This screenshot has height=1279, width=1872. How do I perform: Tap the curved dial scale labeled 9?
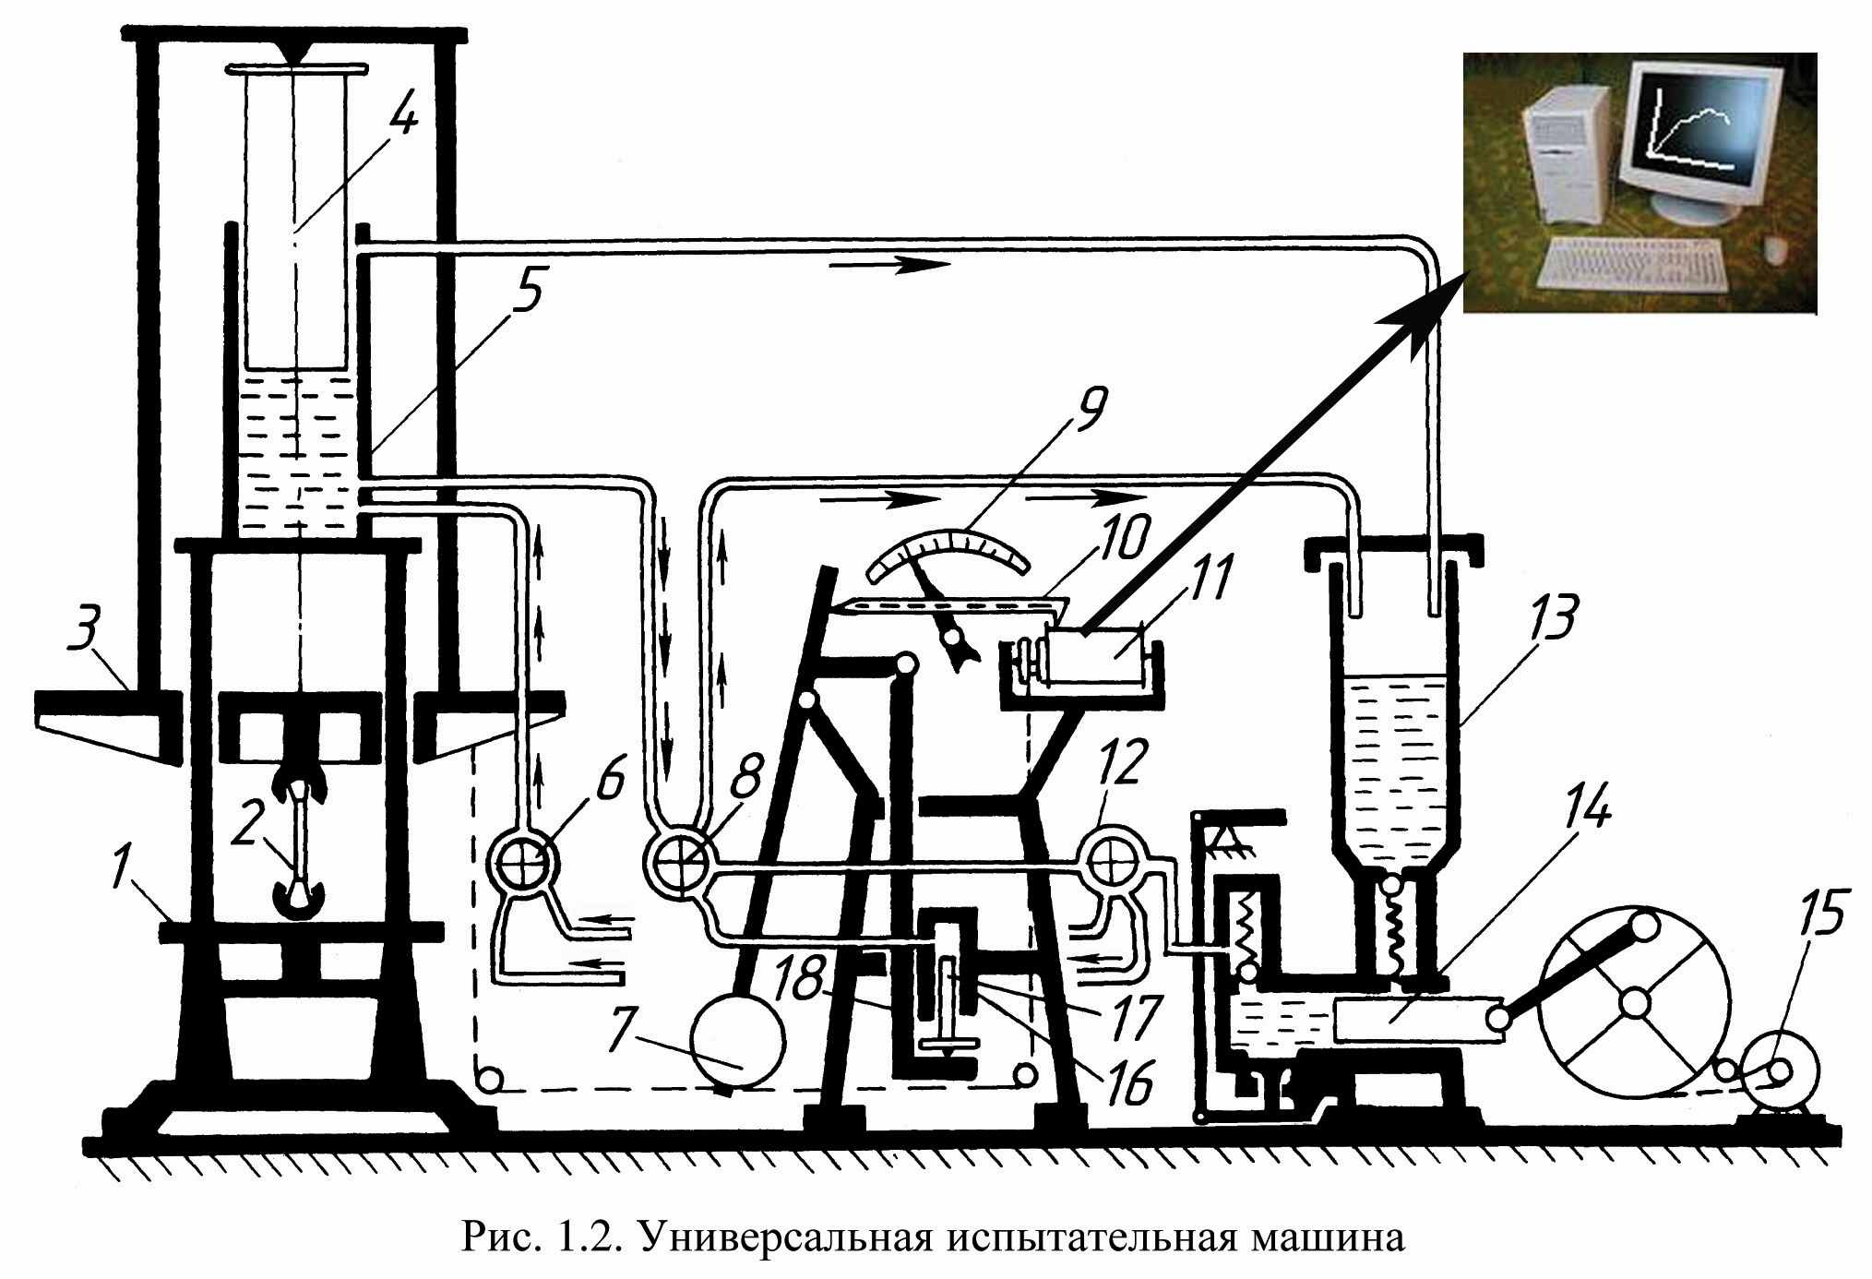953,554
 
